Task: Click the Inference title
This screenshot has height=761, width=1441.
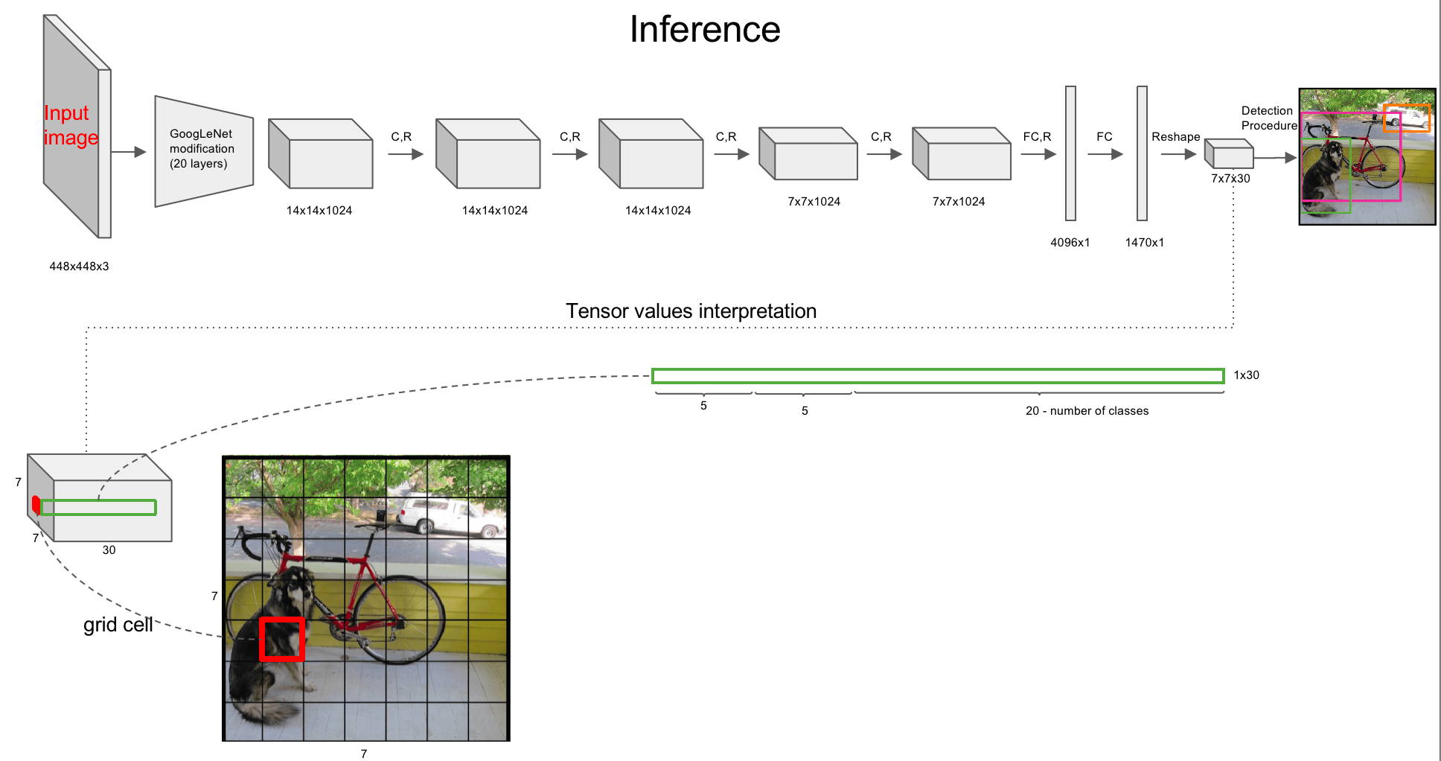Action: (x=704, y=30)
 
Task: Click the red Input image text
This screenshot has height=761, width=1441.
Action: (x=71, y=125)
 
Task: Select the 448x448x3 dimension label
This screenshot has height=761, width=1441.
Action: (x=79, y=267)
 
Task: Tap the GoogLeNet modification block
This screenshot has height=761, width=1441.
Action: (x=202, y=150)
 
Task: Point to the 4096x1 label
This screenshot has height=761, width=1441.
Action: (x=1070, y=243)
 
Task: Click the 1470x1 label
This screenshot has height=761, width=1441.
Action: (x=1144, y=243)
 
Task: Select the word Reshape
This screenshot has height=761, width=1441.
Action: (x=1175, y=137)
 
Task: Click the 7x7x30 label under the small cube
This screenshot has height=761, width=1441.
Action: (x=1230, y=179)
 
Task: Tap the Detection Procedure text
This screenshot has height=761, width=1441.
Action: (x=1268, y=118)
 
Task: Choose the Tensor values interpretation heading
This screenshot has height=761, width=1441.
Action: (x=691, y=311)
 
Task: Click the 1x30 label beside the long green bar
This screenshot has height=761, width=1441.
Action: (x=1246, y=375)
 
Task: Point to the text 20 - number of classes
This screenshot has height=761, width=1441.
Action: (x=1087, y=411)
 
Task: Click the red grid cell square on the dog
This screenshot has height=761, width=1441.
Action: (x=282, y=639)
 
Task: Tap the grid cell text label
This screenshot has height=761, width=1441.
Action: (x=118, y=625)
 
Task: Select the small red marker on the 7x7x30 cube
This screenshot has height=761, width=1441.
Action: (x=36, y=505)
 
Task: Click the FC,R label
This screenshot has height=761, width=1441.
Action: (x=1037, y=137)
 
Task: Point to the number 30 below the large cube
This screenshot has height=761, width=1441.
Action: (x=109, y=550)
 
